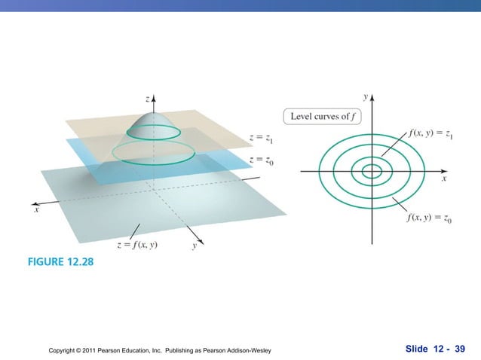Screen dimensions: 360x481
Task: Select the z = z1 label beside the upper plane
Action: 265,138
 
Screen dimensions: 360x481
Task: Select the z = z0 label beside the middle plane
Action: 265,160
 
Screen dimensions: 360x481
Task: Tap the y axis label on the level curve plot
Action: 365,96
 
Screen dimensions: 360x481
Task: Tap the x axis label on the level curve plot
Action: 444,180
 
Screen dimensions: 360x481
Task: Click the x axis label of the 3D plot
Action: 35,212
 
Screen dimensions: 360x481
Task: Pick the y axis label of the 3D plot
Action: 195,246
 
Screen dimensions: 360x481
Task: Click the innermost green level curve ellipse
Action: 372,172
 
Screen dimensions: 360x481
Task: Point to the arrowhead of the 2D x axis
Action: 449,171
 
